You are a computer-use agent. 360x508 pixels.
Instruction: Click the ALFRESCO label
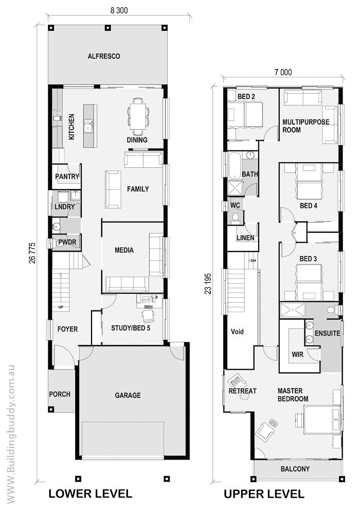click(x=103, y=56)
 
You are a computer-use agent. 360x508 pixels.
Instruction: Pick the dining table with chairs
click(x=138, y=113)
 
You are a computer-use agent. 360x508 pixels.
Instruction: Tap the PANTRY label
click(x=67, y=177)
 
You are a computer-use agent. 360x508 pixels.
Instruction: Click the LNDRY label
click(x=64, y=207)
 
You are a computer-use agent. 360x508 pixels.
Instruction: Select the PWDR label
click(x=68, y=241)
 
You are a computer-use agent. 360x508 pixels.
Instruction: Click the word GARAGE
click(x=128, y=395)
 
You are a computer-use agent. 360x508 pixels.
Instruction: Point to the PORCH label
click(x=60, y=395)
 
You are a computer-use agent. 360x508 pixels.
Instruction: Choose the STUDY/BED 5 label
click(x=131, y=327)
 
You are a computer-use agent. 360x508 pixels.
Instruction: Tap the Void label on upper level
click(x=237, y=331)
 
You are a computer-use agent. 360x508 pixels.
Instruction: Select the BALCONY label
click(x=295, y=469)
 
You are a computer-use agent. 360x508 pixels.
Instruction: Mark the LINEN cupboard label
click(x=245, y=238)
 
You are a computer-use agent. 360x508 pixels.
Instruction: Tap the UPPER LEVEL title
click(x=263, y=495)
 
